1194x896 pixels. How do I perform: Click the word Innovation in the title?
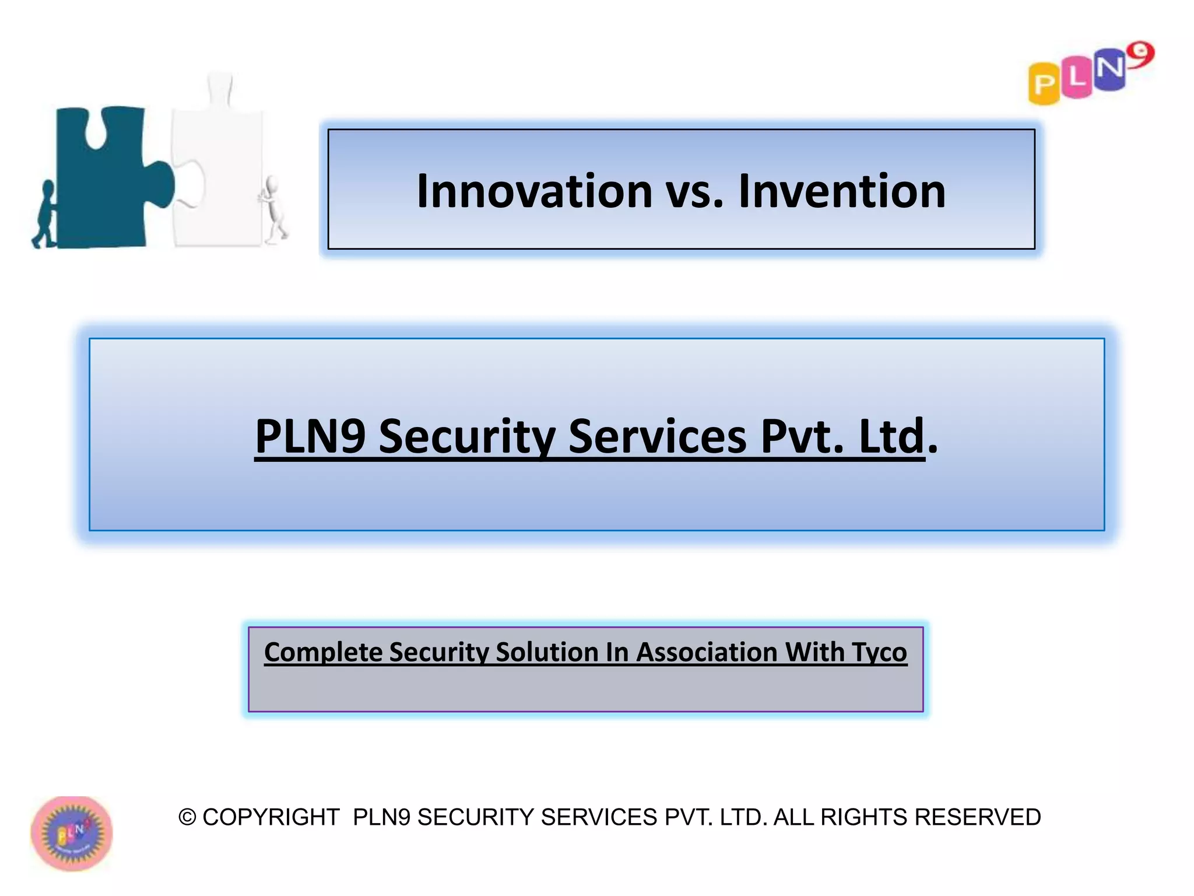click(x=534, y=191)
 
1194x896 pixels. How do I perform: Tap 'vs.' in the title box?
click(x=694, y=192)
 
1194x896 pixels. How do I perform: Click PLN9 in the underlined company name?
click(x=310, y=436)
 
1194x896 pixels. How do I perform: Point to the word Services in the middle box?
click(x=657, y=436)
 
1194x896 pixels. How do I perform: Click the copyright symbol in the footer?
click(x=187, y=817)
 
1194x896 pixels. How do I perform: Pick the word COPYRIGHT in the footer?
click(x=271, y=817)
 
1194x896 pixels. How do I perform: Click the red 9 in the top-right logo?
click(x=1140, y=55)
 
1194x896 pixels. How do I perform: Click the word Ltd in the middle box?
click(x=892, y=436)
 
